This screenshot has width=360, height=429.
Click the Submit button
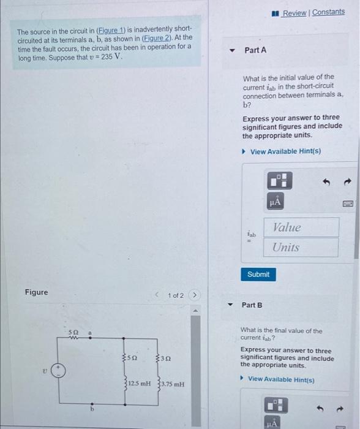tap(258, 274)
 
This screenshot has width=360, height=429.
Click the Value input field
tap(301, 227)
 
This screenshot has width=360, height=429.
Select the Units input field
tap(301, 248)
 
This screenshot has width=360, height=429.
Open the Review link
tap(294, 12)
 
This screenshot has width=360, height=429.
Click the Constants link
tap(328, 12)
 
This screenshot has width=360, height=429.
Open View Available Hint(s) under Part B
tap(282, 379)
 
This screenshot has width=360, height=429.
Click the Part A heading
tap(255, 50)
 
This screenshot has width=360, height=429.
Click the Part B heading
tap(252, 305)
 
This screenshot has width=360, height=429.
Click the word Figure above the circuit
tap(37, 292)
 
